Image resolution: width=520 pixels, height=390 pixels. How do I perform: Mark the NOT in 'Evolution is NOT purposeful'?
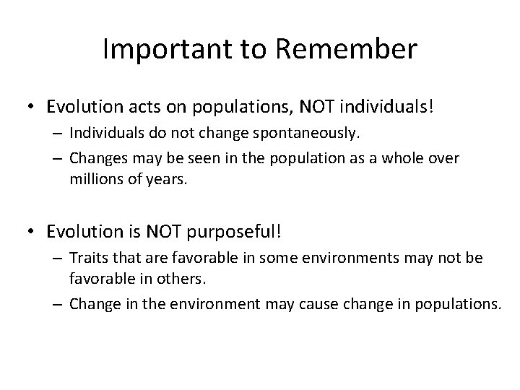pos(162,232)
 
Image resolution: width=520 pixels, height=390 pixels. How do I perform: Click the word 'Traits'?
pos(87,259)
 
